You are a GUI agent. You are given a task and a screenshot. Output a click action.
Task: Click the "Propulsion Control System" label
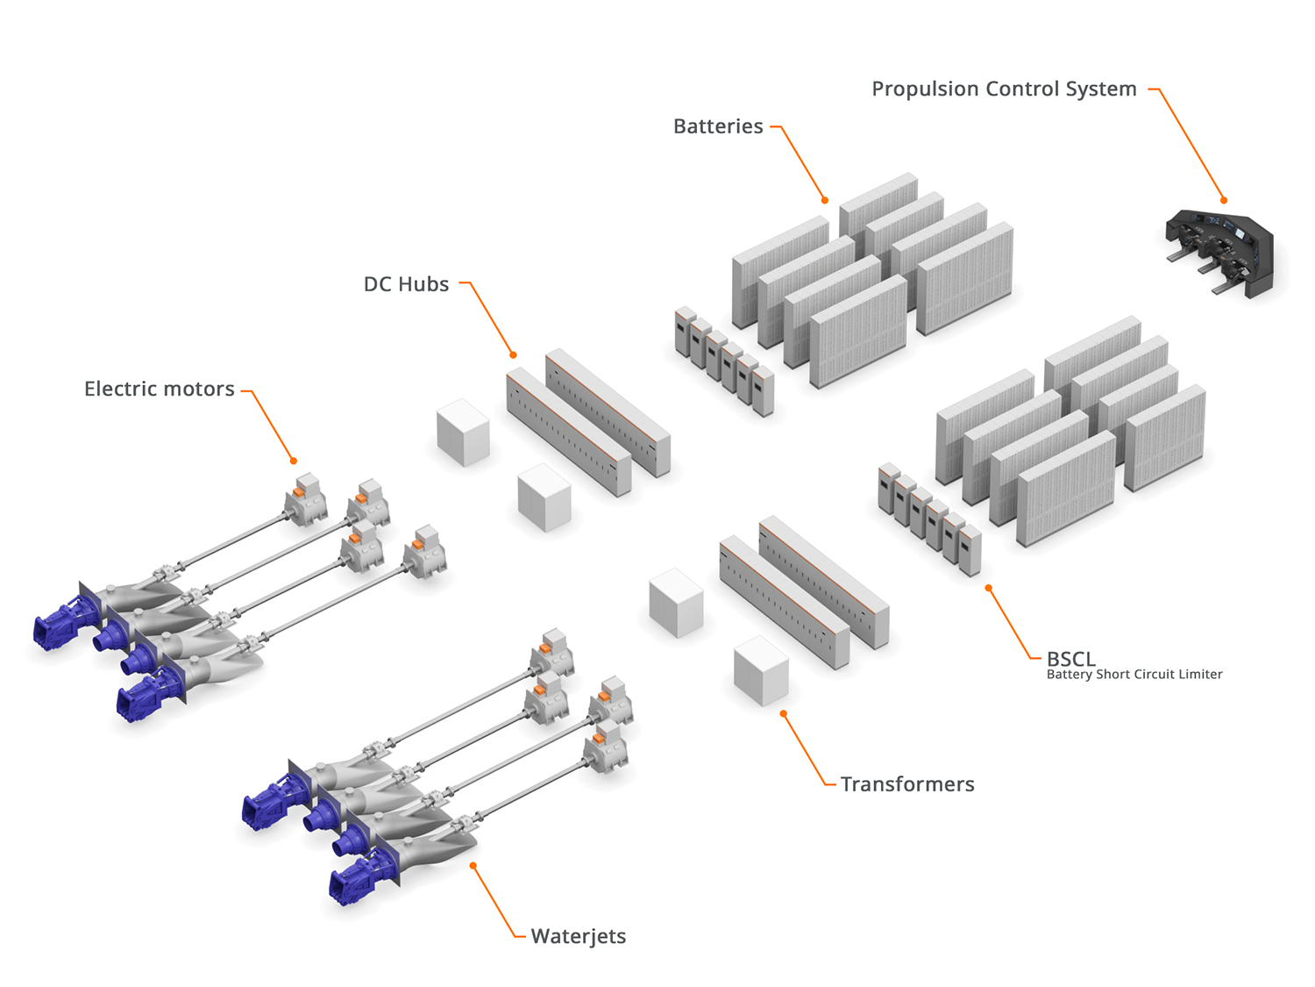click(x=1004, y=89)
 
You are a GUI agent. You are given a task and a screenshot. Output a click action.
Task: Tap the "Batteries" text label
click(x=718, y=127)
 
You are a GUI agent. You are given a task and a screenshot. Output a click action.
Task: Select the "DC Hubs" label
click(x=406, y=285)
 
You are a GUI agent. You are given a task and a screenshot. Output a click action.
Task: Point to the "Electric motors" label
click(x=160, y=390)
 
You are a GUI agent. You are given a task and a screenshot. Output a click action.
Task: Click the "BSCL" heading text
click(x=1070, y=659)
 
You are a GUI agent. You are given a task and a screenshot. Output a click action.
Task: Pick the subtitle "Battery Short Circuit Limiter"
click(x=1134, y=675)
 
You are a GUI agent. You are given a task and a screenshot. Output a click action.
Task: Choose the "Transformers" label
click(x=907, y=784)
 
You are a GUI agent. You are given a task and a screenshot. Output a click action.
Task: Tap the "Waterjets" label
click(x=579, y=937)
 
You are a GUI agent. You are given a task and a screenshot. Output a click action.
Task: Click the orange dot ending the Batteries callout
click(x=825, y=200)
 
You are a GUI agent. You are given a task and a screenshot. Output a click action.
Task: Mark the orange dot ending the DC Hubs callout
click(x=514, y=355)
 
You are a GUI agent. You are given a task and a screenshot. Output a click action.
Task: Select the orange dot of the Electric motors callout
click(x=294, y=461)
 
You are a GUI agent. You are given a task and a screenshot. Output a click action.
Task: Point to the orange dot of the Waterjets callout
click(x=473, y=866)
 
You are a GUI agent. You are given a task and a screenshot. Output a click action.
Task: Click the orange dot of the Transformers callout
click(x=783, y=714)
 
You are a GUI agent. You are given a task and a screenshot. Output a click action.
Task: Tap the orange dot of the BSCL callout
click(x=988, y=588)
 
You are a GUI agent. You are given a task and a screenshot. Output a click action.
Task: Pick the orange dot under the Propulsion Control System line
click(x=1224, y=201)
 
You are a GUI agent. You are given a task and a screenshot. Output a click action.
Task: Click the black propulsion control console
click(x=1220, y=250)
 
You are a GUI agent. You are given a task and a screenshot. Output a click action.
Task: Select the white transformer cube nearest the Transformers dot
click(x=761, y=671)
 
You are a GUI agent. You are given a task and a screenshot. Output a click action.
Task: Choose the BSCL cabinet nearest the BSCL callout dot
click(x=970, y=551)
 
